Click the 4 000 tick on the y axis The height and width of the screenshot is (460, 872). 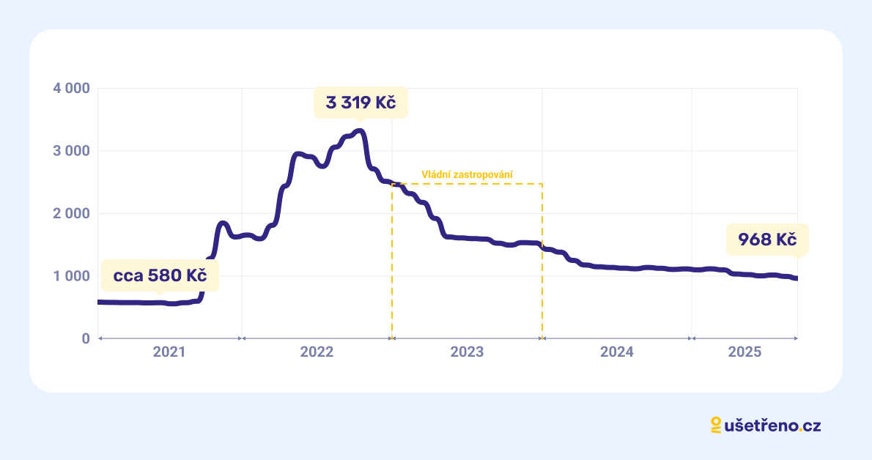(x=71, y=89)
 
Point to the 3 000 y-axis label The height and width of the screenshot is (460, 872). (x=71, y=151)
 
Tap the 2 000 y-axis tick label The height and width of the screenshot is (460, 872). (x=71, y=214)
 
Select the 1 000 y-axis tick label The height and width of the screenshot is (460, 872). (x=71, y=276)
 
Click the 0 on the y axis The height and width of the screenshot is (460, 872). (x=85, y=339)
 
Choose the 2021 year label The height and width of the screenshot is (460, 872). (x=169, y=352)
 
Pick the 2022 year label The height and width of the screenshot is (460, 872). (x=317, y=352)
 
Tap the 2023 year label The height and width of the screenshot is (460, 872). (x=467, y=352)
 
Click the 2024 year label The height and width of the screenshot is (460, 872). (x=616, y=352)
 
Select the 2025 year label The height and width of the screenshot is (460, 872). (x=744, y=352)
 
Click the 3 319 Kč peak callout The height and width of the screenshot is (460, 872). (x=361, y=103)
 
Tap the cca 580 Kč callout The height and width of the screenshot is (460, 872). (x=160, y=276)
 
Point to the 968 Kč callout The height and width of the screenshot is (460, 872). (x=762, y=240)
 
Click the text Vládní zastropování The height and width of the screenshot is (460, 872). (x=467, y=175)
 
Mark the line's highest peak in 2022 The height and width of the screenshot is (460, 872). (x=359, y=131)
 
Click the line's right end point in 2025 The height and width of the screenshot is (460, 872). (x=797, y=278)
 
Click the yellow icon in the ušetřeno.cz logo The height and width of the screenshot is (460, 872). (x=716, y=426)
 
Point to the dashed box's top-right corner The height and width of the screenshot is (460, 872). (x=542, y=184)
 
